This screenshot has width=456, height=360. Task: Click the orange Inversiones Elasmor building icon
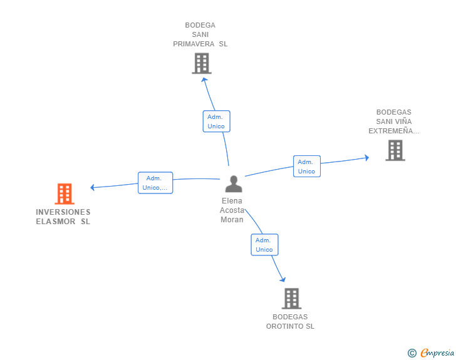click(x=65, y=193)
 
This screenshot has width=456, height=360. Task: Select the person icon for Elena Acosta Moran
click(x=234, y=184)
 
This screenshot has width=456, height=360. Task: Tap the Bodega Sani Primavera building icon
click(x=202, y=63)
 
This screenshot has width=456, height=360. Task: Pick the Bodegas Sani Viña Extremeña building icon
click(x=395, y=150)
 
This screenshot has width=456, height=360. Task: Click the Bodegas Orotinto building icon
click(x=291, y=299)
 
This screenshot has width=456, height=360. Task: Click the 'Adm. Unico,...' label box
click(x=155, y=183)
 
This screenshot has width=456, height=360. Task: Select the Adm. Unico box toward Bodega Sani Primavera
click(x=216, y=121)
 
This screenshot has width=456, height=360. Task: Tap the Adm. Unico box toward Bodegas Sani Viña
click(x=307, y=166)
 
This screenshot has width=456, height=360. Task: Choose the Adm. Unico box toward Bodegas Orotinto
click(x=264, y=245)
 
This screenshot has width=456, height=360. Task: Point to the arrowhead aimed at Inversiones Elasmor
click(x=92, y=187)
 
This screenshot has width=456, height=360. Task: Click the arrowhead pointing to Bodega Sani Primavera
click(x=204, y=80)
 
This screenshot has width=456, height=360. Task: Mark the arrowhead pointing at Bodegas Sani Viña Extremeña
click(x=367, y=158)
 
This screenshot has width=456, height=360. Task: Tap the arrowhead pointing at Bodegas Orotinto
click(x=283, y=279)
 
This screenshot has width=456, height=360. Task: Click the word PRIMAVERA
click(x=194, y=44)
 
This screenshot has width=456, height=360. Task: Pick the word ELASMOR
click(x=56, y=222)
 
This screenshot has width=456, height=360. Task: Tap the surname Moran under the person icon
click(x=232, y=220)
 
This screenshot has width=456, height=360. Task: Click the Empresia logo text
click(x=437, y=352)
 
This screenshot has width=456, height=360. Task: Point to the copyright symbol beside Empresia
click(x=412, y=353)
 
